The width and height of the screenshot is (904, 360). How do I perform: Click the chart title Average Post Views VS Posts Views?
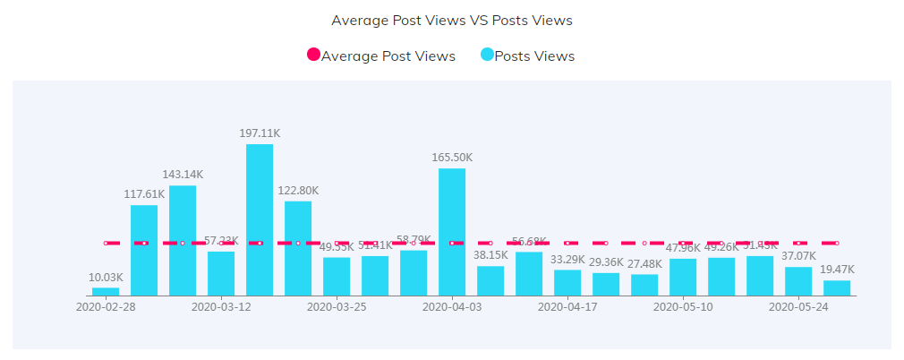click(x=451, y=20)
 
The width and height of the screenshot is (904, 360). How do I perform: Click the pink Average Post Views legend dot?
click(x=313, y=56)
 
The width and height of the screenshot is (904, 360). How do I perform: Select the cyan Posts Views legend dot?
click(x=487, y=56)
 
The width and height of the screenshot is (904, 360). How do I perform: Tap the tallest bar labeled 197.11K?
click(x=260, y=219)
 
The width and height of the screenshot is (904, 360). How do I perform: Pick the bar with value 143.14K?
click(x=183, y=240)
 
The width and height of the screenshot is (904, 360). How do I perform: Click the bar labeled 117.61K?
click(x=144, y=250)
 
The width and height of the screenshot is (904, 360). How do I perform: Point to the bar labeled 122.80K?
click(x=298, y=248)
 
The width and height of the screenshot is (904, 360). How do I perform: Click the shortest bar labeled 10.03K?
click(x=106, y=291)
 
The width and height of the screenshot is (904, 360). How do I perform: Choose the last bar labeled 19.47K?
click(x=837, y=287)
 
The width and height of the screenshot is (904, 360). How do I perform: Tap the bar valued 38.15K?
click(x=490, y=280)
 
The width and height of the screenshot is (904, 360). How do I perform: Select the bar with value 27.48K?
click(x=644, y=285)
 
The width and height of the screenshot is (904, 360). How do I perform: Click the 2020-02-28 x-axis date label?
click(x=106, y=306)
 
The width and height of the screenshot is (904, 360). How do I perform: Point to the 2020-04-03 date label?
click(x=452, y=306)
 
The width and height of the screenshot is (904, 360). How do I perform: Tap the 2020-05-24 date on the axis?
click(x=798, y=306)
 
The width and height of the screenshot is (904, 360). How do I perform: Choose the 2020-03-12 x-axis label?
click(x=221, y=306)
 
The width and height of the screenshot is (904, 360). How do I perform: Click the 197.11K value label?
click(x=260, y=133)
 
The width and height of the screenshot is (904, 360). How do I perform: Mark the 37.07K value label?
click(x=798, y=255)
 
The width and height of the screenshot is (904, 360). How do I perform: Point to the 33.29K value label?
click(x=567, y=259)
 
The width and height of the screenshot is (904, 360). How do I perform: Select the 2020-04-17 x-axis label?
click(x=567, y=306)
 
